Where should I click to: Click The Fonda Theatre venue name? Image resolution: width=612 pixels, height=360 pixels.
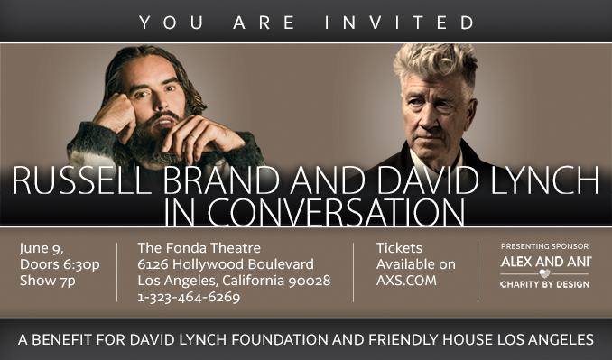pyautogui.click(x=199, y=247)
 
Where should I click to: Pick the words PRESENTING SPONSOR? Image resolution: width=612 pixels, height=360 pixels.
pyautogui.click(x=544, y=245)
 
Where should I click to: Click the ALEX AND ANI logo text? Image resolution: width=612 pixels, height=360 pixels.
pyautogui.click(x=545, y=261)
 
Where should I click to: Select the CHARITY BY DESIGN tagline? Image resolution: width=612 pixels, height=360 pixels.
pyautogui.click(x=544, y=284)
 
